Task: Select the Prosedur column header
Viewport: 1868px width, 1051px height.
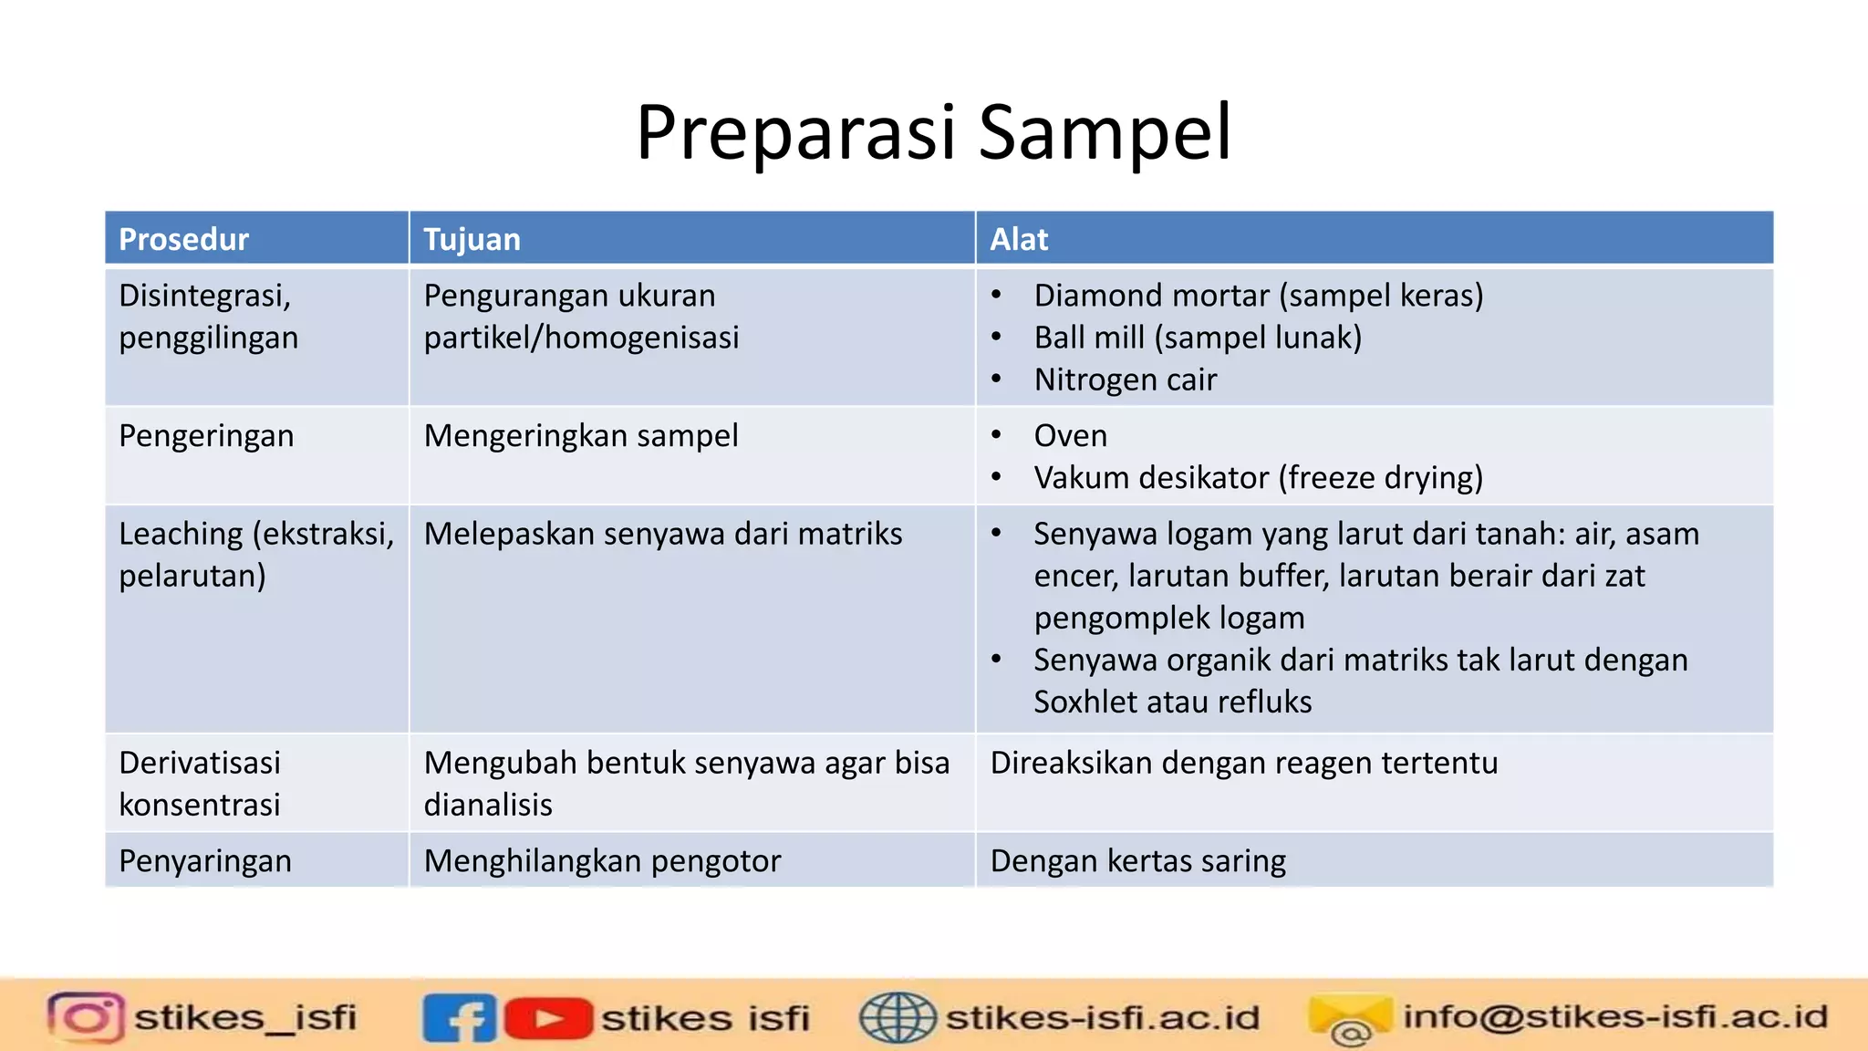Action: tap(183, 239)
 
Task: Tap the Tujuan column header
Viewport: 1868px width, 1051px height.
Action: tap(472, 239)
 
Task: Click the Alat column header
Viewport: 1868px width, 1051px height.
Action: tap(1019, 239)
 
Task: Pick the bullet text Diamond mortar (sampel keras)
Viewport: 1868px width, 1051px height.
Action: tap(1258, 296)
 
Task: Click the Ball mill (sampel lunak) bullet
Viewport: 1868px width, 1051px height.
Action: tap(1197, 338)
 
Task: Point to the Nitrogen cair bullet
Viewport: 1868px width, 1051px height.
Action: tap(1125, 380)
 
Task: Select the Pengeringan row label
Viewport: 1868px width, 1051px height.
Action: tap(206, 436)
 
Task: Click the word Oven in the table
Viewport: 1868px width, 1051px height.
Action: tap(1070, 436)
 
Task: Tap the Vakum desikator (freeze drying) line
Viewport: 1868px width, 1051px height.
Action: tap(1258, 478)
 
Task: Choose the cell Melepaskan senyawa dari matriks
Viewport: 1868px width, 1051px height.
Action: tap(662, 534)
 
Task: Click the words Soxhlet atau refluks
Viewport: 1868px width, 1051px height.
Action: tap(1172, 702)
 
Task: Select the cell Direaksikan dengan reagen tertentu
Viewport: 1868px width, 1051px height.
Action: tap(1243, 763)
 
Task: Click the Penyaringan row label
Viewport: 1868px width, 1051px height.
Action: tap(205, 861)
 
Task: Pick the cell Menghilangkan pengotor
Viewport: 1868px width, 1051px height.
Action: tap(602, 861)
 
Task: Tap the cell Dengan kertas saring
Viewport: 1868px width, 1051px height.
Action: tap(1137, 861)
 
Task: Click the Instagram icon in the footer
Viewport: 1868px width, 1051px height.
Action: tap(86, 1017)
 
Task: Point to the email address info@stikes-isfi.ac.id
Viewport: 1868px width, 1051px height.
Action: tap(1614, 1016)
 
